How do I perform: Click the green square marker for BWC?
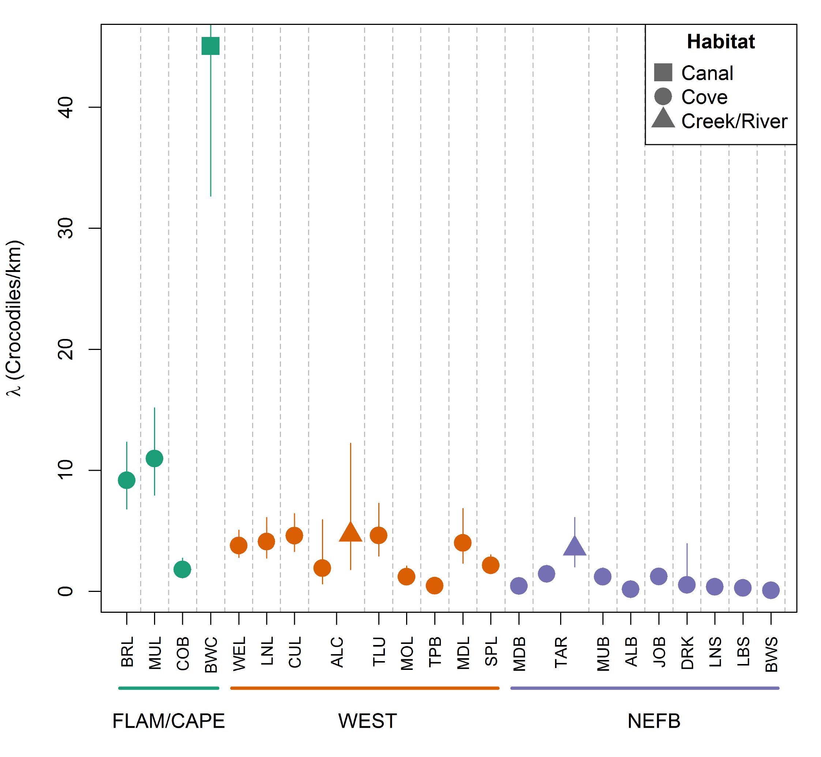pyautogui.click(x=210, y=46)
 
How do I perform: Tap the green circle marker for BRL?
pyautogui.click(x=127, y=480)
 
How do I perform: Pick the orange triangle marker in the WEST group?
pyautogui.click(x=350, y=533)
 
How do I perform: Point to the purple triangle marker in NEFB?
pyautogui.click(x=574, y=547)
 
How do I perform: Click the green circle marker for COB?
pyautogui.click(x=182, y=569)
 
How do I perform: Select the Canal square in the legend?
pyautogui.click(x=663, y=72)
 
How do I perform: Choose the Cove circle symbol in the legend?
pyautogui.click(x=663, y=97)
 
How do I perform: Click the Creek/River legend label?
pyautogui.click(x=734, y=121)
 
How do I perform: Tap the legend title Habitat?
pyautogui.click(x=721, y=42)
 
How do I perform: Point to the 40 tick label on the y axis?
pyautogui.click(x=65, y=107)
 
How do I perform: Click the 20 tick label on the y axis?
pyautogui.click(x=65, y=350)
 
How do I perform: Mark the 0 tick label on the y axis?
pyautogui.click(x=65, y=591)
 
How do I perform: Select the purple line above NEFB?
pyautogui.click(x=645, y=688)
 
